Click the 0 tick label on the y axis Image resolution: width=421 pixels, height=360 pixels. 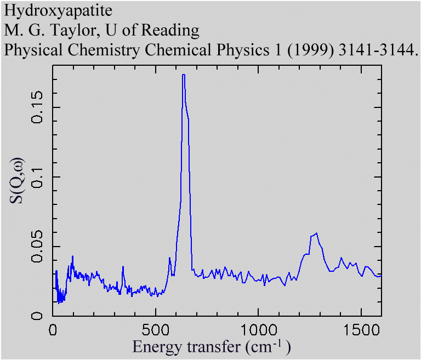click(38, 316)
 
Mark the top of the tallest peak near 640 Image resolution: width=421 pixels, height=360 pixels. click(184, 75)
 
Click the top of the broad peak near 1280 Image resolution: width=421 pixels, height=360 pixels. click(316, 233)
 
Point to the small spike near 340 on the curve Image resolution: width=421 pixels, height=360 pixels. click(123, 267)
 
